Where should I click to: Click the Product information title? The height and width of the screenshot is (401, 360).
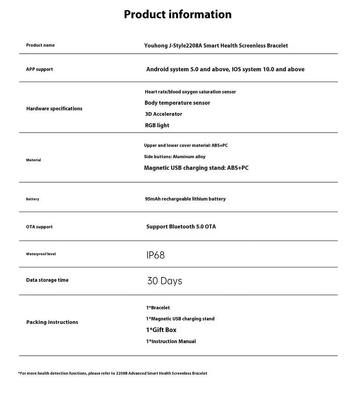tap(177, 14)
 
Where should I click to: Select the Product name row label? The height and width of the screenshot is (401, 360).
tap(40, 45)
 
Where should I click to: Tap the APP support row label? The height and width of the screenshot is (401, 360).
tap(39, 69)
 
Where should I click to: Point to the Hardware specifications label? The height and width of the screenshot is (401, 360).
tap(54, 109)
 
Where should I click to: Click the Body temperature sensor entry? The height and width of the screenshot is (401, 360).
tap(177, 103)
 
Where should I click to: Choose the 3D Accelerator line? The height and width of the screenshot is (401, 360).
tap(163, 114)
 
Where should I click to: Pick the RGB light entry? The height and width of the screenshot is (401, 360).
tap(157, 125)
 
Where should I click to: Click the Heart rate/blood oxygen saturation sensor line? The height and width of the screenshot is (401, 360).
tap(190, 92)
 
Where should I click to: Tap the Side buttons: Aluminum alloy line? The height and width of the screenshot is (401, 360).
tap(174, 157)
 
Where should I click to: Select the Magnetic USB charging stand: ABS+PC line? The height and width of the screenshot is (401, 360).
tap(196, 168)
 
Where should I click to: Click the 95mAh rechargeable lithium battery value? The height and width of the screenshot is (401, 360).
tap(185, 199)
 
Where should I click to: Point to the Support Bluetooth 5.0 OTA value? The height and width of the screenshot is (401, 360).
tap(181, 227)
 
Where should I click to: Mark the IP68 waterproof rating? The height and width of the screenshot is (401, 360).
tap(156, 255)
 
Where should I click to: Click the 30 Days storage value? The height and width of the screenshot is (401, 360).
tap(164, 281)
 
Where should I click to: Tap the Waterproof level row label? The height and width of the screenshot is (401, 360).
tap(41, 254)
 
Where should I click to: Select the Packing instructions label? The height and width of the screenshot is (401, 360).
tap(52, 322)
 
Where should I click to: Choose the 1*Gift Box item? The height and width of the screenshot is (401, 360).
tap(161, 330)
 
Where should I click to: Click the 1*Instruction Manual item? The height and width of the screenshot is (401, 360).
tap(171, 342)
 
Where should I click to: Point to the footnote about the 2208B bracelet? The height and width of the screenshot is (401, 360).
tap(112, 373)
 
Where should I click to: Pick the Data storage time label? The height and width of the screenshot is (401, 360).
tap(47, 280)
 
